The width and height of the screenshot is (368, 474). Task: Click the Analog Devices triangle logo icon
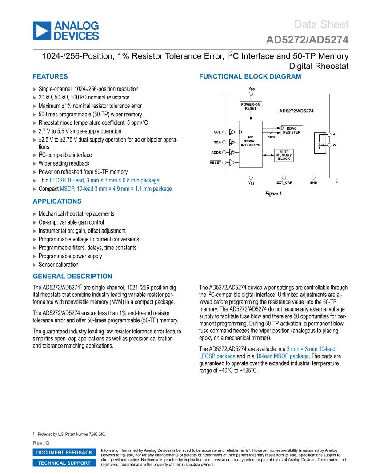pyautogui.click(x=41, y=30)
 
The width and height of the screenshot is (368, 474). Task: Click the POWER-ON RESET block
pyautogui.click(x=251, y=106)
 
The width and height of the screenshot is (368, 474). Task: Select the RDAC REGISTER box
pyautogui.click(x=292, y=130)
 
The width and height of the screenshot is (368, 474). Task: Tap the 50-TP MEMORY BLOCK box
pyautogui.click(x=284, y=154)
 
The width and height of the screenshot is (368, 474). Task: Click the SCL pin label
pyautogui.click(x=217, y=132)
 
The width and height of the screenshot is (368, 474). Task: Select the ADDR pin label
pyautogui.click(x=216, y=152)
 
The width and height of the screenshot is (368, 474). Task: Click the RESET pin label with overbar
pyautogui.click(x=216, y=162)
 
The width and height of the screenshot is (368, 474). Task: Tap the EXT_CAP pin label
pyautogui.click(x=284, y=182)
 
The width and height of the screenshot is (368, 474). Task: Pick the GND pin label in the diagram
pyautogui.click(x=313, y=182)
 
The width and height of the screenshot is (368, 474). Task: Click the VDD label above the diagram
pyautogui.click(x=252, y=89)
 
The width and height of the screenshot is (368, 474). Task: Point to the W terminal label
pyautogui.click(x=334, y=145)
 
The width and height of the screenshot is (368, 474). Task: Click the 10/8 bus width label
pyautogui.click(x=271, y=137)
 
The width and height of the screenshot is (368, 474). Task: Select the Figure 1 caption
pyautogui.click(x=274, y=194)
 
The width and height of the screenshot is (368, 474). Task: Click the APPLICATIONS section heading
pyautogui.click(x=57, y=201)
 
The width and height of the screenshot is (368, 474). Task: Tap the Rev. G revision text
pyautogui.click(x=41, y=443)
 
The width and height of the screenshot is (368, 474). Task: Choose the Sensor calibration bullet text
pyautogui.click(x=59, y=265)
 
